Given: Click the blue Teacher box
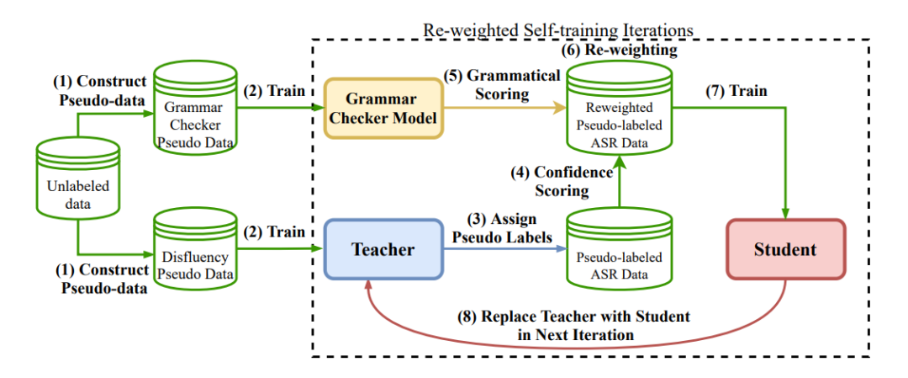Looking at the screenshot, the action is [x=383, y=249].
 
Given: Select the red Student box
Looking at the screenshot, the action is [x=784, y=249].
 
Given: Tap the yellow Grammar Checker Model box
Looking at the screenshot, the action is [x=383, y=109].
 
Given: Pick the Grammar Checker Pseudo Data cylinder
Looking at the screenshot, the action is [x=195, y=108].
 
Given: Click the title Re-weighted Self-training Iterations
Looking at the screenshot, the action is [x=558, y=29].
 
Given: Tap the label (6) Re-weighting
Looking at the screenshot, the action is [x=619, y=51].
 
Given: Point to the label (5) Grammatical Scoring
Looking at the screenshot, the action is [x=501, y=85].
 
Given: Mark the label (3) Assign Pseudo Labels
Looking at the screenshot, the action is [x=502, y=228].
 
